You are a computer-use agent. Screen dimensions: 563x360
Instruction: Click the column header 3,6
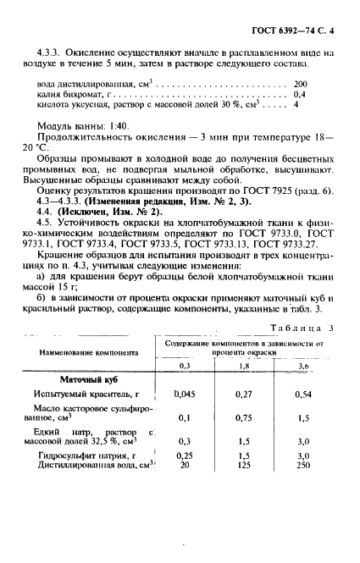click(x=304, y=365)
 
